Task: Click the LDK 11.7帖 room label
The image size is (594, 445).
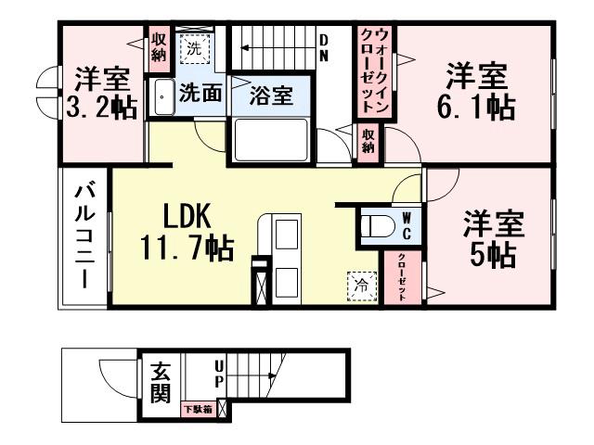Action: click(186, 233)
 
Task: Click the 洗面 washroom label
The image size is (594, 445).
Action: click(200, 93)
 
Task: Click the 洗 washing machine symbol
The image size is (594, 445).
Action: click(194, 48)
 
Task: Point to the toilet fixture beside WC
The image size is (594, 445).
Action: click(375, 225)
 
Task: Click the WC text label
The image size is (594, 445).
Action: click(406, 225)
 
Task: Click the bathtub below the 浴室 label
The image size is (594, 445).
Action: click(272, 140)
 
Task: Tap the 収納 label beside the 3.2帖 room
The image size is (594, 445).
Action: click(157, 47)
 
